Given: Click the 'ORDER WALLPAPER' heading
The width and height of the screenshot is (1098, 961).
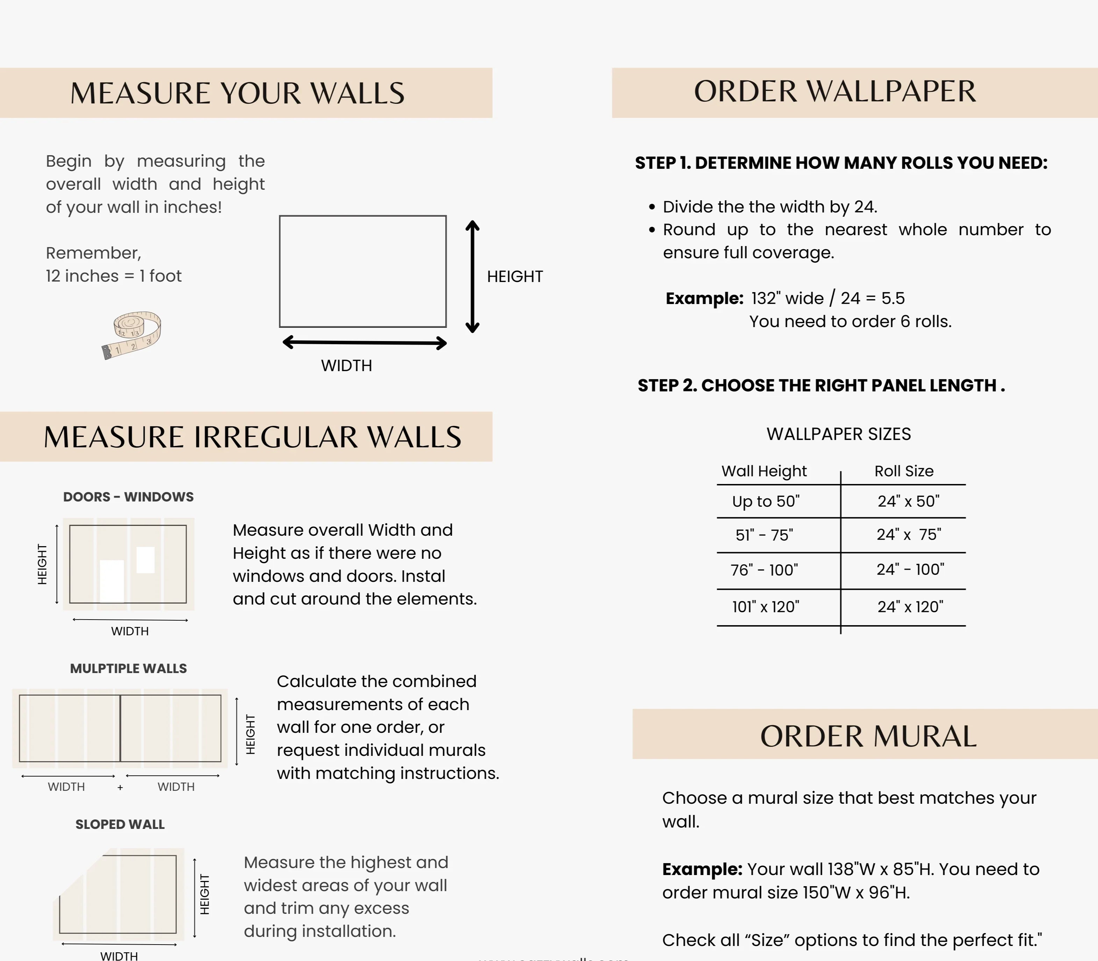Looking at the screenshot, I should point(835,92).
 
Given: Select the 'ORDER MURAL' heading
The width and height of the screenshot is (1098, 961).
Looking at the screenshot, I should point(868,736).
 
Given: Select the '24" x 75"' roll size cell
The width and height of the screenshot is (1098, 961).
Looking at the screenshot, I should point(909,535).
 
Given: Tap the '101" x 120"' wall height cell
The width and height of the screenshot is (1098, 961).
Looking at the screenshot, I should point(766,607).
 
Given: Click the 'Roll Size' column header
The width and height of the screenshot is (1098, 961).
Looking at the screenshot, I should point(904,471).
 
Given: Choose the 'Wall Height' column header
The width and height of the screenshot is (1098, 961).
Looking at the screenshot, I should point(764,471).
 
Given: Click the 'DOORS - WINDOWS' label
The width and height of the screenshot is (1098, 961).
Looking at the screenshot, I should point(129,497).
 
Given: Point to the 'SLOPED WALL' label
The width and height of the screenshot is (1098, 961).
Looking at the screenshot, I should point(120,824).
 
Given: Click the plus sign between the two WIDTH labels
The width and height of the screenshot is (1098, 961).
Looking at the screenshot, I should point(120,788).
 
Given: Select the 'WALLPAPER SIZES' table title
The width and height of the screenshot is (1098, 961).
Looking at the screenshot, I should point(838,434).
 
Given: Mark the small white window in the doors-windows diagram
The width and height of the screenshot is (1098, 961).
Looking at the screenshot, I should point(145,560).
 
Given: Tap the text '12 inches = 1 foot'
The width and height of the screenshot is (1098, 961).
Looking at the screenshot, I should point(114,276).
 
